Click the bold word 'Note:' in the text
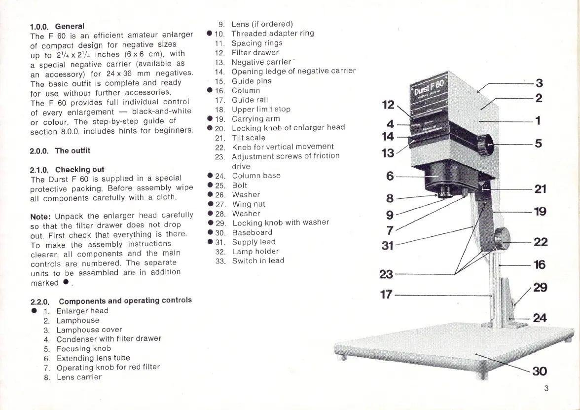(41, 216)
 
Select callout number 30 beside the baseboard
(540, 372)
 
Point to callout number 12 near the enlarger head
(388, 104)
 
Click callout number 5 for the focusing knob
(538, 144)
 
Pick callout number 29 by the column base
(540, 287)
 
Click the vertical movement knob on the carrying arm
(503, 239)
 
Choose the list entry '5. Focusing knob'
(76, 348)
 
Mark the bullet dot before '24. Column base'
(210, 176)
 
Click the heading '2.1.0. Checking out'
(67, 169)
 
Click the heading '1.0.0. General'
(57, 26)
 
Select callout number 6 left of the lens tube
(390, 175)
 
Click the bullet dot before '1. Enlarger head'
(34, 311)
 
